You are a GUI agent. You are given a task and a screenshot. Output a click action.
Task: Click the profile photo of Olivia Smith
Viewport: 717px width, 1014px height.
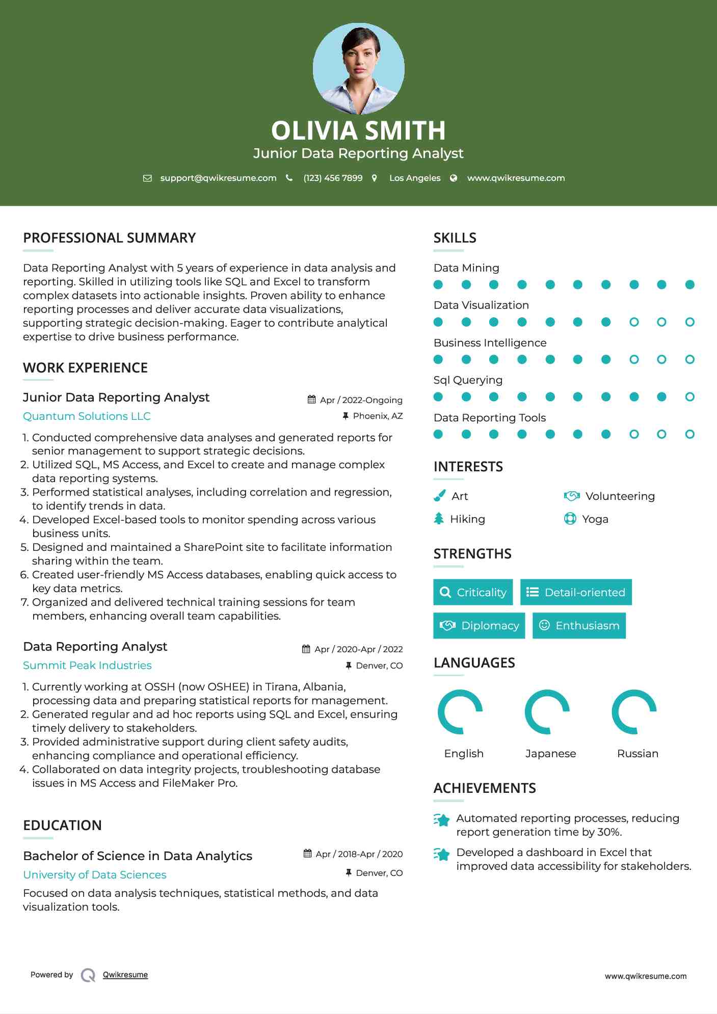(358, 68)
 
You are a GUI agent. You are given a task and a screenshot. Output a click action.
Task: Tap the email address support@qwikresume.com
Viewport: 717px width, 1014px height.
(218, 178)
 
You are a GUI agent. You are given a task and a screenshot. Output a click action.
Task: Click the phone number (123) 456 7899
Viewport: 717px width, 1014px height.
(333, 178)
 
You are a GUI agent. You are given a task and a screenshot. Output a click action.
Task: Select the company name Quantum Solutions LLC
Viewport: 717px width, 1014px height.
(87, 416)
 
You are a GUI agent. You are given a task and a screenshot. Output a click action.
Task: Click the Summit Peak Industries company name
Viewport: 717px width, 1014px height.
(87, 665)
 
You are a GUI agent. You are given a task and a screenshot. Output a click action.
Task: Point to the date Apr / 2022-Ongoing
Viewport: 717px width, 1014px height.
(361, 400)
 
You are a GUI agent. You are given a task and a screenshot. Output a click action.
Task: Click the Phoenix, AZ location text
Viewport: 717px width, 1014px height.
(378, 416)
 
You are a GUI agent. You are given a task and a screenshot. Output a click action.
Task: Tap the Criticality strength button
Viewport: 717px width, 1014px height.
(473, 592)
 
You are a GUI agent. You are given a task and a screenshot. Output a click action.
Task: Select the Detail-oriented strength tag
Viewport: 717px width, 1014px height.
(576, 592)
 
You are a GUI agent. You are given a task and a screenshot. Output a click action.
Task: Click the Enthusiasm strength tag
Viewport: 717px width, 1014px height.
(579, 625)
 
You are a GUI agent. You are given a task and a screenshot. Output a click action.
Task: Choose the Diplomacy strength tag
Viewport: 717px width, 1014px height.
(479, 625)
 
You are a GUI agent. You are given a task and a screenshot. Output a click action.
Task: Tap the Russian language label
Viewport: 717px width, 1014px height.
(638, 753)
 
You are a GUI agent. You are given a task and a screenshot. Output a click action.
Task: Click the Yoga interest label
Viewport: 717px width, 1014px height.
(595, 519)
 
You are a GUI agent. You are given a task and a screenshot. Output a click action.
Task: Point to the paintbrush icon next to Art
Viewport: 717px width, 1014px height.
(439, 496)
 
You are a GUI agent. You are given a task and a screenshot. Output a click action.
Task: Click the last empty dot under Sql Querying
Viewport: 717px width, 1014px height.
(689, 397)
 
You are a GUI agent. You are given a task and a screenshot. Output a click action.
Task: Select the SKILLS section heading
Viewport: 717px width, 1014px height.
(455, 238)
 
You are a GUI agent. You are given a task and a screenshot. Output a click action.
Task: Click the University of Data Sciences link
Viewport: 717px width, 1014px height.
(95, 874)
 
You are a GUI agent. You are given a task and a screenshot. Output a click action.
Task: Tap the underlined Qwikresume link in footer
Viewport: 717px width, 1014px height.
(125, 974)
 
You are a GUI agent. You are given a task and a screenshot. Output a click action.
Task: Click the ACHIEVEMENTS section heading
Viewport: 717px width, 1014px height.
(484, 788)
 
